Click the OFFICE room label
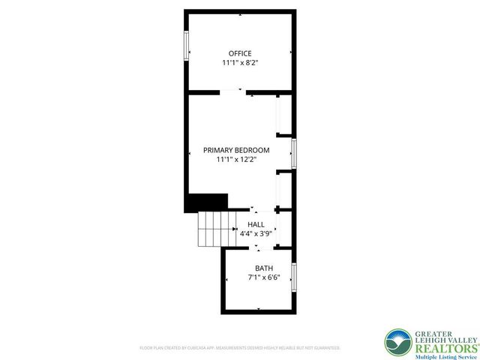coord(240,53)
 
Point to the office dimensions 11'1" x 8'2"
coord(240,63)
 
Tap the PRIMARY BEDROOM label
coord(236,150)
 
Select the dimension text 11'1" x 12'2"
coord(236,159)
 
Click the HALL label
coord(256,224)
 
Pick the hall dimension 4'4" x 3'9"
coord(255,233)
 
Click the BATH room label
coord(264,268)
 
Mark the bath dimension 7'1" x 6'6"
coord(264,277)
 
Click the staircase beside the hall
coord(217,229)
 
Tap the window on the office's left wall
coord(186,45)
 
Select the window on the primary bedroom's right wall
coord(294,153)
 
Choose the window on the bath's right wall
coord(294,276)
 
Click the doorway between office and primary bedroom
coord(233,92)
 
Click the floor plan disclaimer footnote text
coord(240,349)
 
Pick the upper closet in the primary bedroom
coord(283,115)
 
